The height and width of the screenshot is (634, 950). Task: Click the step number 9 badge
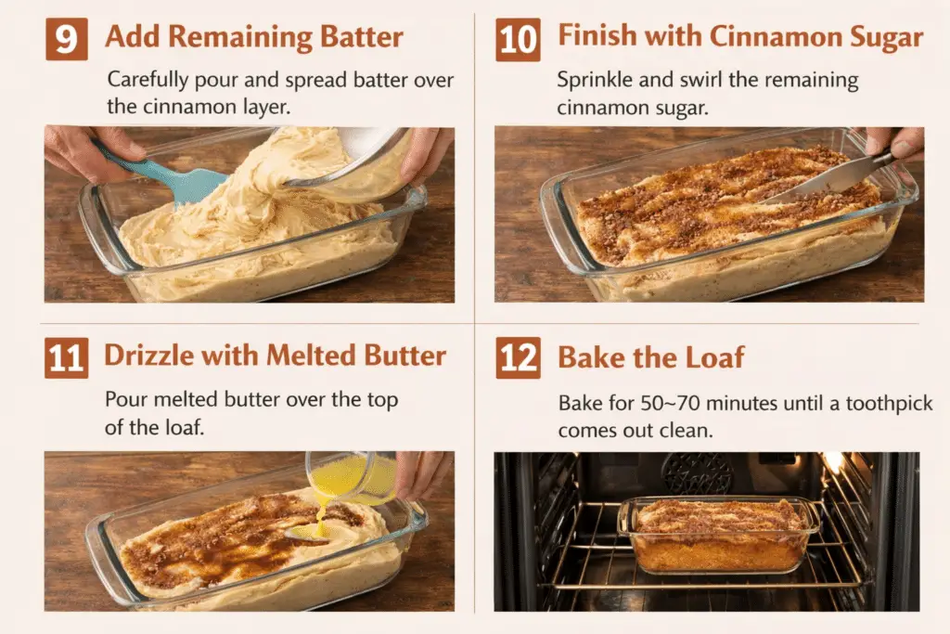(x=67, y=39)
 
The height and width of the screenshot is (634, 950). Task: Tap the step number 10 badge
(x=518, y=39)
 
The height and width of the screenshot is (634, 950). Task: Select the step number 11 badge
(x=66, y=357)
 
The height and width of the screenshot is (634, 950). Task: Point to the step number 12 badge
(x=518, y=357)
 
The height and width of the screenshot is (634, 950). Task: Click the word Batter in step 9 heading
(x=362, y=36)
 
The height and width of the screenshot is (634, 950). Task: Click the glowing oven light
(x=835, y=462)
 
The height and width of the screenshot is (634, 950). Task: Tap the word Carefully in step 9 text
(x=148, y=81)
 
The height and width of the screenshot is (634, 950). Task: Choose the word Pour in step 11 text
(x=126, y=399)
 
